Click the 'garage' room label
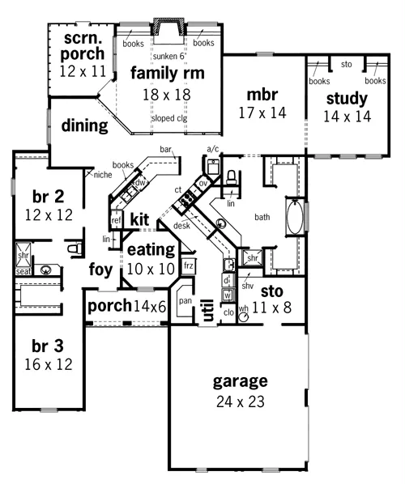240,381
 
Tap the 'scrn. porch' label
83,46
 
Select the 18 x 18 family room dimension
167,95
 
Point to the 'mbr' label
262,95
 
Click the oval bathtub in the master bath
295,217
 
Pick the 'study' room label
347,99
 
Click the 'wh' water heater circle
244,317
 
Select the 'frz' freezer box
189,265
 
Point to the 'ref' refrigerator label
116,220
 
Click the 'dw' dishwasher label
140,182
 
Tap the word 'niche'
103,175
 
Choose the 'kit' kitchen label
139,219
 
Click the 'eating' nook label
151,250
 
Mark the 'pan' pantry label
185,301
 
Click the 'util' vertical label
207,310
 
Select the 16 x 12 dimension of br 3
49,365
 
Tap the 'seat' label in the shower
23,271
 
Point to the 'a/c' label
213,150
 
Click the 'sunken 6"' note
169,56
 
